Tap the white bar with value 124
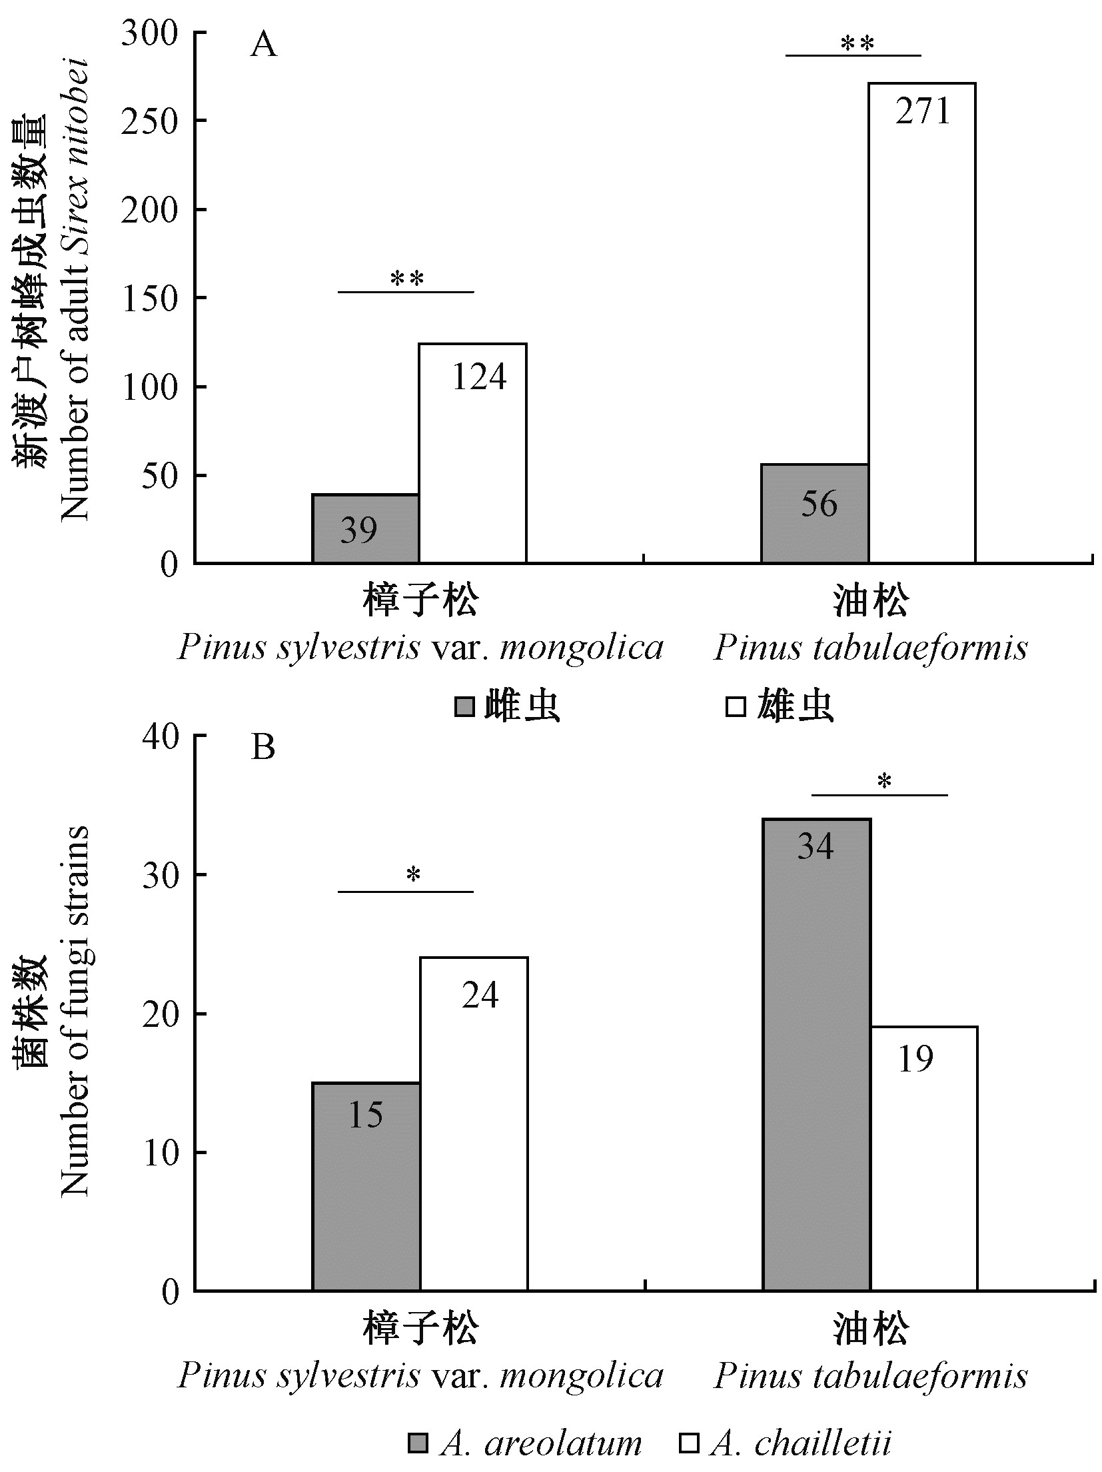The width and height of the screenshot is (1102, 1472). [x=472, y=452]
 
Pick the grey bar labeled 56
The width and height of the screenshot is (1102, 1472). [x=814, y=513]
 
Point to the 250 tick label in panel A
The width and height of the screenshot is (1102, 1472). [x=149, y=121]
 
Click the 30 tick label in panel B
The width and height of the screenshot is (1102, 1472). [x=160, y=875]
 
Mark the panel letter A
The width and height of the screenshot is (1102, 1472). [x=263, y=47]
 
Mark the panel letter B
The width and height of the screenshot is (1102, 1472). [x=263, y=748]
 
